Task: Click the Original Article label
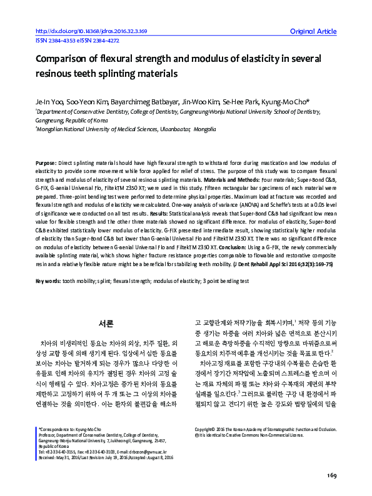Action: [313, 31]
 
